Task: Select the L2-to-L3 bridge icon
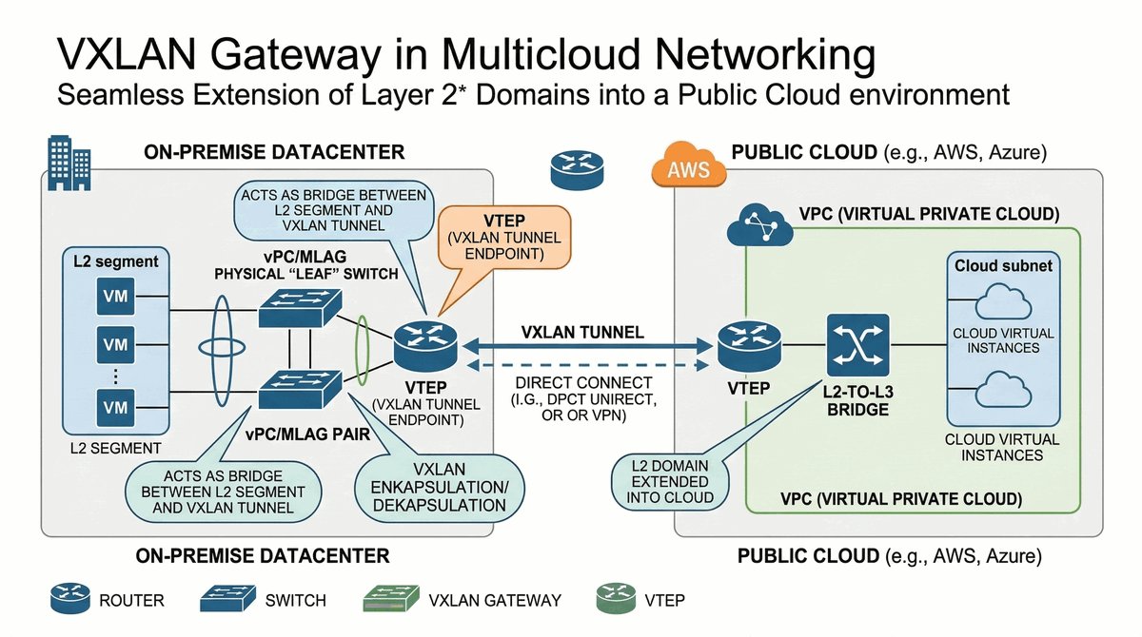tap(858, 345)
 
